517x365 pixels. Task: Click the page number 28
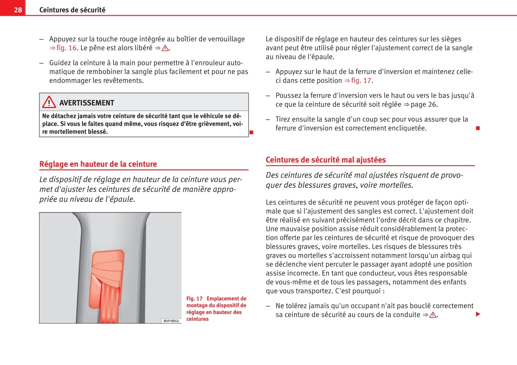[x=18, y=10]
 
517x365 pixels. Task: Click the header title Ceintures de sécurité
[x=72, y=10]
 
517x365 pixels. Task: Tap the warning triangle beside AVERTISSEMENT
[x=49, y=102]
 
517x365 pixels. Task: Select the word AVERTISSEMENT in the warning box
[x=86, y=103]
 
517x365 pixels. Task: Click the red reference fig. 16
[x=66, y=48]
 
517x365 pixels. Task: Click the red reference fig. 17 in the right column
[x=361, y=80]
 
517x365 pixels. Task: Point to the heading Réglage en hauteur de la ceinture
[x=98, y=164]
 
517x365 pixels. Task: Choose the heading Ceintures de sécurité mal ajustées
[x=325, y=160]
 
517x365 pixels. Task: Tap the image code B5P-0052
[x=171, y=321]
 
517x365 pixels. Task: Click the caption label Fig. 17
[x=194, y=299]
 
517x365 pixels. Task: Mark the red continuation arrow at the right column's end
[x=478, y=314]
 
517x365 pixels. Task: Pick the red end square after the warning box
[x=251, y=132]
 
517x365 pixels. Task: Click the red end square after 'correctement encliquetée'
[x=478, y=128]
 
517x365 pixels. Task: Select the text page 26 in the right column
[x=424, y=104]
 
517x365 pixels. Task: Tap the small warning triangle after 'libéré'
[x=165, y=48]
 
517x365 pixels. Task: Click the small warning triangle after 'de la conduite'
[x=433, y=315]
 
